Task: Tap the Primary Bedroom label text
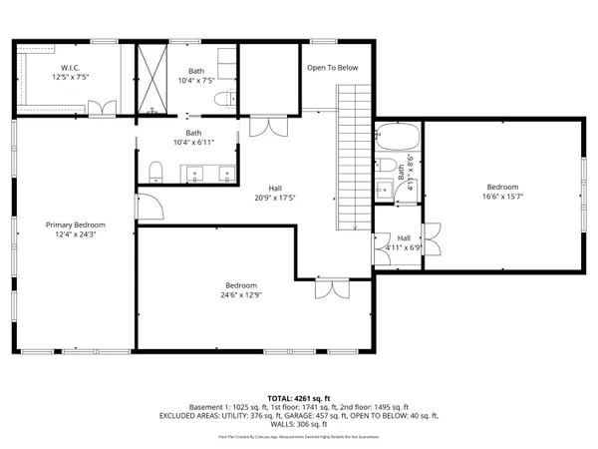coord(75,224)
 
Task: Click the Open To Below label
coord(332,68)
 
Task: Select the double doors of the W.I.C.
coord(102,107)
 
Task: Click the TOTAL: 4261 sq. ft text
coord(298,396)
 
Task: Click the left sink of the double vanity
coord(191,176)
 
